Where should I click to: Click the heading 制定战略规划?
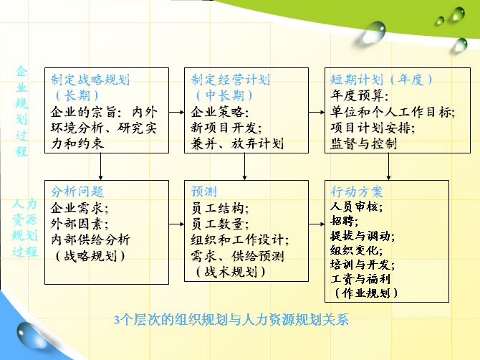pos(90,80)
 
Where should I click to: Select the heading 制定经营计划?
pos(231,80)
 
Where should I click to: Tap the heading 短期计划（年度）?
pos(381,80)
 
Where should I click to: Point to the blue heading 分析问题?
pos(77,191)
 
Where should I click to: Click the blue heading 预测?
pos(204,191)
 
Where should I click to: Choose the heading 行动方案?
pos(357,191)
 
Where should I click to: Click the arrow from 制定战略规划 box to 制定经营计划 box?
pos(177,113)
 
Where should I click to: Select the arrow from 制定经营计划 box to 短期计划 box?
pos(317,113)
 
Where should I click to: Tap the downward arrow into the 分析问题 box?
pos(101,166)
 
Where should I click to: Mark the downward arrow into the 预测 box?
pos(244,166)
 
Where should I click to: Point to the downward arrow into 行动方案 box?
pos(388,166)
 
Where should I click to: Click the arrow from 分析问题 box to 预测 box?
pos(177,224)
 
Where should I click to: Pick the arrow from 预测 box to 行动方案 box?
pos(317,224)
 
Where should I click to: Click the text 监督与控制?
pos(364,143)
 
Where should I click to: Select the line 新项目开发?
pos(226,128)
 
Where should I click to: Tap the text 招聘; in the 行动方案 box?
pos(345,221)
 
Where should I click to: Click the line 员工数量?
pos(219,224)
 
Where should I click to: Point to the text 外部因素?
pos(80,224)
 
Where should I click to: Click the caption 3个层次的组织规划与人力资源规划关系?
pos(231,320)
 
